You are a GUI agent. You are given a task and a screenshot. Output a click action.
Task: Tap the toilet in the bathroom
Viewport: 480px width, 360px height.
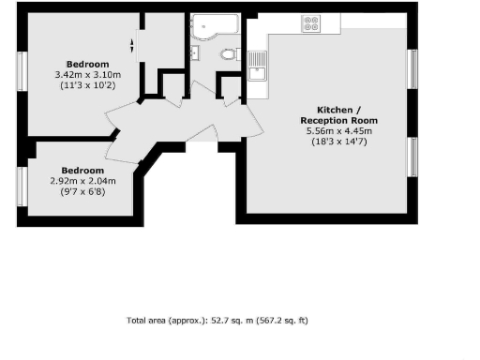(227, 54)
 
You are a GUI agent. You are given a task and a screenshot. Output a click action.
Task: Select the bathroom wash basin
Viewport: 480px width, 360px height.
(194, 53)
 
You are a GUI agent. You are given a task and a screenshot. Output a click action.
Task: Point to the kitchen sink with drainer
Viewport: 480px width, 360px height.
(259, 65)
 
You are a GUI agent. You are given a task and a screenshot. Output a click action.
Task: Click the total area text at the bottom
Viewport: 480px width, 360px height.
(217, 321)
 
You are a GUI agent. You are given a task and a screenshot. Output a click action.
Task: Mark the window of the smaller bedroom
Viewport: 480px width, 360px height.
(20, 187)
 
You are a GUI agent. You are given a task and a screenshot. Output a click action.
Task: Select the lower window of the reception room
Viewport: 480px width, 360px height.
(412, 157)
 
